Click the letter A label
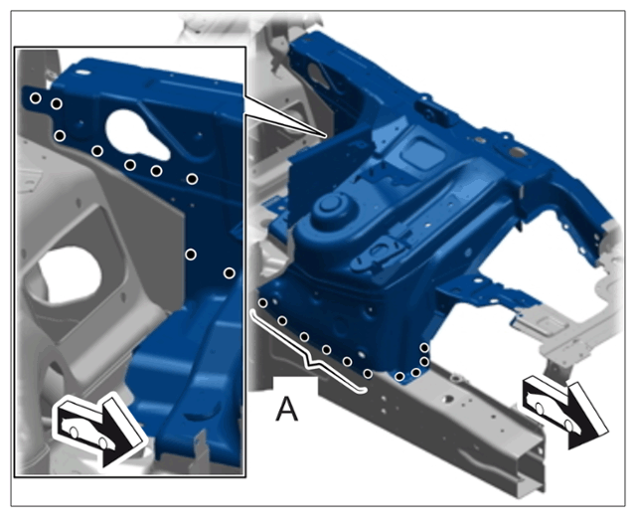[x=287, y=409]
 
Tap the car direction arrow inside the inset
[x=99, y=431]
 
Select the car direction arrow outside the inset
[x=565, y=411]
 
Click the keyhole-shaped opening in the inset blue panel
[x=135, y=134]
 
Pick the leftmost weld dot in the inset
[x=36, y=97]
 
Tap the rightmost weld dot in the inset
[x=230, y=273]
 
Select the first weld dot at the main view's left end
[x=262, y=302]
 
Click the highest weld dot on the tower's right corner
[x=424, y=348]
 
